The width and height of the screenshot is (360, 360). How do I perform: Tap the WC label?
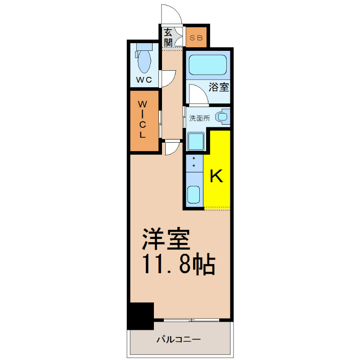point(144,80)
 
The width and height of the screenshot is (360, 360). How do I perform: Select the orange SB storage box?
point(196,37)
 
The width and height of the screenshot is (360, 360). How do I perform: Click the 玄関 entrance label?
point(168,37)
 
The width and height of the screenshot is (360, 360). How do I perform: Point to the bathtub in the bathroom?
point(207,65)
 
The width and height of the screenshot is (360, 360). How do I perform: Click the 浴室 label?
point(219,87)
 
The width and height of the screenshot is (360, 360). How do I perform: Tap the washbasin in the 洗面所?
point(222,117)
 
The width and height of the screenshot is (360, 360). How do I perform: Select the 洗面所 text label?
point(199,118)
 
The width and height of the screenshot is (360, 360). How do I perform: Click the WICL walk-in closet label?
point(142,119)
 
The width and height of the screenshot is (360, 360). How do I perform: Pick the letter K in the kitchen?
point(216,176)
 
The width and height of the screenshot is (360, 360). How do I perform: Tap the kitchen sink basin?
point(193,194)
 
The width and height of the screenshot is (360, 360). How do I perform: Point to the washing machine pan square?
point(196,141)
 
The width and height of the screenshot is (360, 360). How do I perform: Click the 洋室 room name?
point(166,239)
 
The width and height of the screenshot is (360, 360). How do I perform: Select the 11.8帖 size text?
point(179,264)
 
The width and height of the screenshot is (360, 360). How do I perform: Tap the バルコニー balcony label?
point(179,339)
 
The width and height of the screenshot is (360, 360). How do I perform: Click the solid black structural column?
point(140,316)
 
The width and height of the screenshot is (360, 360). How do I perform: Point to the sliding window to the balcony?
point(191,320)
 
